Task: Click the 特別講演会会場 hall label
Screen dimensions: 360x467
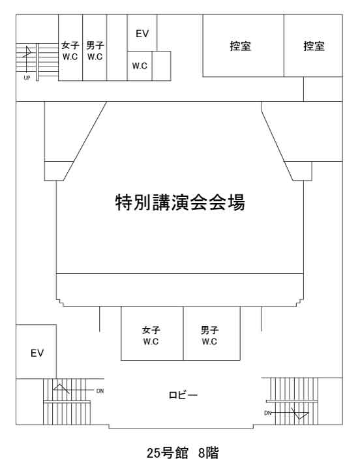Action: [180, 202]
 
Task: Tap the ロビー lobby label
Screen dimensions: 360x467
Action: [183, 395]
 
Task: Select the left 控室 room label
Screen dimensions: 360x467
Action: [240, 46]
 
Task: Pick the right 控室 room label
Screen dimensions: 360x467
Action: [314, 46]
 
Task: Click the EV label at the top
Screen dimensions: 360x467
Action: [142, 34]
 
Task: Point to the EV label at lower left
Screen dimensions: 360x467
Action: [37, 353]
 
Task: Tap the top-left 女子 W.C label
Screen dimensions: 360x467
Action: [70, 51]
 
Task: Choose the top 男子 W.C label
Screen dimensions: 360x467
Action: [95, 51]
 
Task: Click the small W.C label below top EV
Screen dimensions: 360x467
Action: [140, 65]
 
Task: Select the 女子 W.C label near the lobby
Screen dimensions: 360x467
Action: [151, 336]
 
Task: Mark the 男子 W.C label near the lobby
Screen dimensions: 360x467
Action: [209, 336]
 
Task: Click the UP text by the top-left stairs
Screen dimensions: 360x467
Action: [27, 78]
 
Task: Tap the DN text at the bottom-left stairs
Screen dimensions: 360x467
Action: [100, 391]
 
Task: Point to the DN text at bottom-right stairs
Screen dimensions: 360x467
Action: [267, 413]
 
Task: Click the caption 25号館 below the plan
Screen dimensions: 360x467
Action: [168, 453]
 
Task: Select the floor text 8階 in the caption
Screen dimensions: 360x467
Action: [209, 453]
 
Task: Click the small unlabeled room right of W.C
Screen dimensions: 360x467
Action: [161, 66]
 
